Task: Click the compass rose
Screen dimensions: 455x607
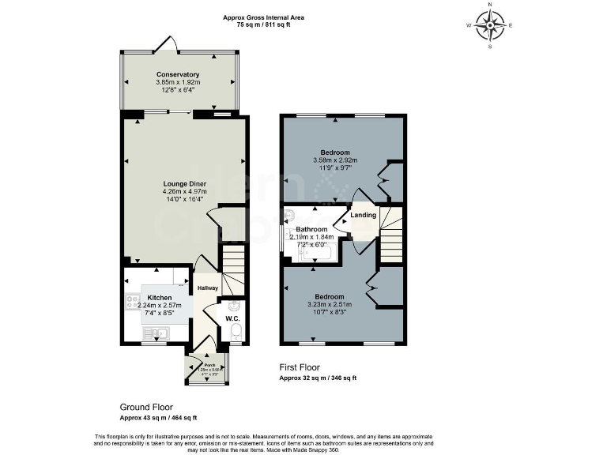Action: tap(492, 25)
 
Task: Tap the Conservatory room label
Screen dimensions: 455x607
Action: tap(177, 74)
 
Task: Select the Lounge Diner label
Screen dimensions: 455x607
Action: tap(184, 183)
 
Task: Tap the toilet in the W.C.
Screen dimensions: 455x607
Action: tap(236, 335)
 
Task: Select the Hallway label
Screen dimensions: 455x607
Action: tap(207, 288)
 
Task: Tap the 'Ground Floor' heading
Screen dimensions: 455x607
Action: tap(146, 408)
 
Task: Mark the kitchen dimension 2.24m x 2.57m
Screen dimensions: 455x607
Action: tap(159, 305)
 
